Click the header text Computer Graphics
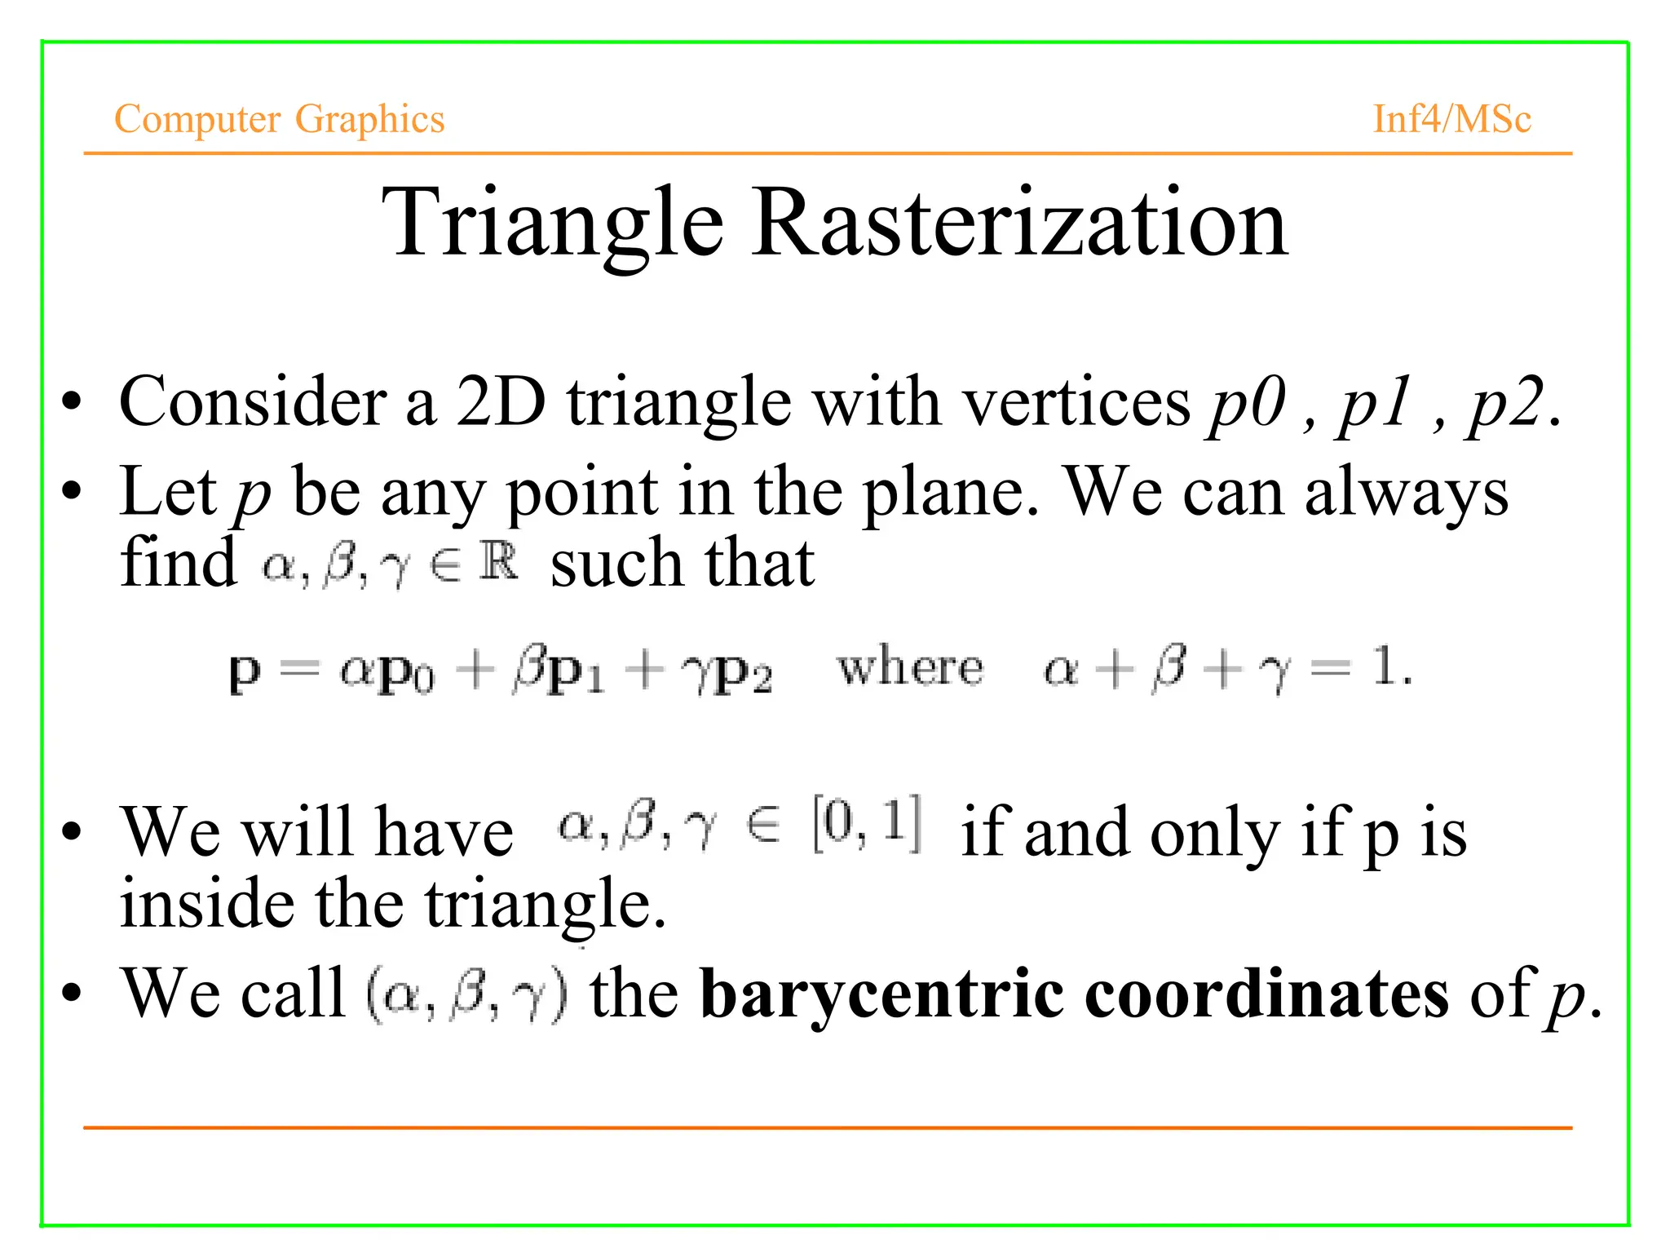279,119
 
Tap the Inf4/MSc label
1451,119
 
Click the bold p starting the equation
244,672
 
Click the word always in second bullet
1406,493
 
